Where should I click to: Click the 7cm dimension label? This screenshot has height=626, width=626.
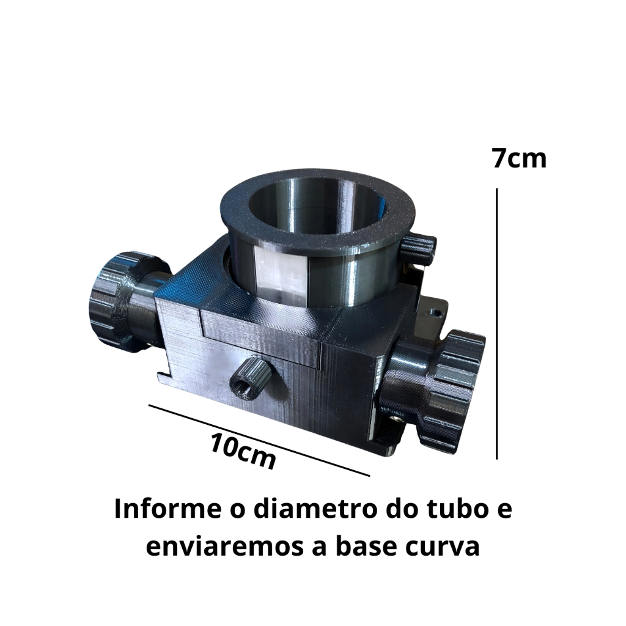[x=519, y=158]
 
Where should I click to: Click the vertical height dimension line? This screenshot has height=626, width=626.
[x=496, y=324]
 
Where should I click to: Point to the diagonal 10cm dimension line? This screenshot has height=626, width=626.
[x=259, y=440]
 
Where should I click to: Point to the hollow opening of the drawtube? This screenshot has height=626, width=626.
[x=319, y=208]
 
